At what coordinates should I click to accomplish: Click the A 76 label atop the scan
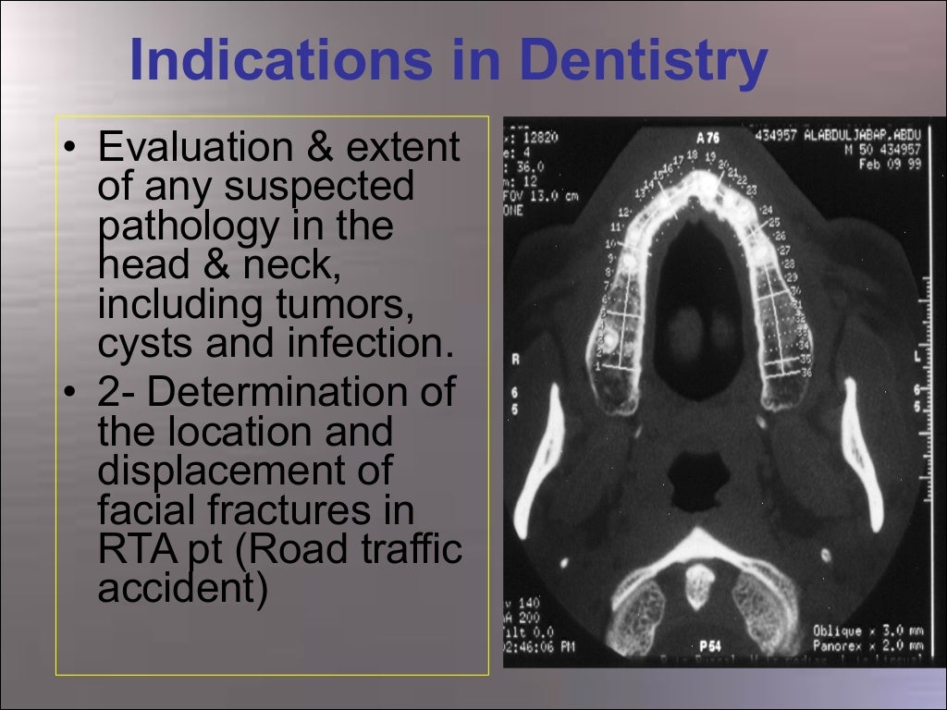click(708, 138)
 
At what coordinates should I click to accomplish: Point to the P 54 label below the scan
click(710, 645)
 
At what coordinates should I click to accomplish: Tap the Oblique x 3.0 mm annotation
click(866, 631)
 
